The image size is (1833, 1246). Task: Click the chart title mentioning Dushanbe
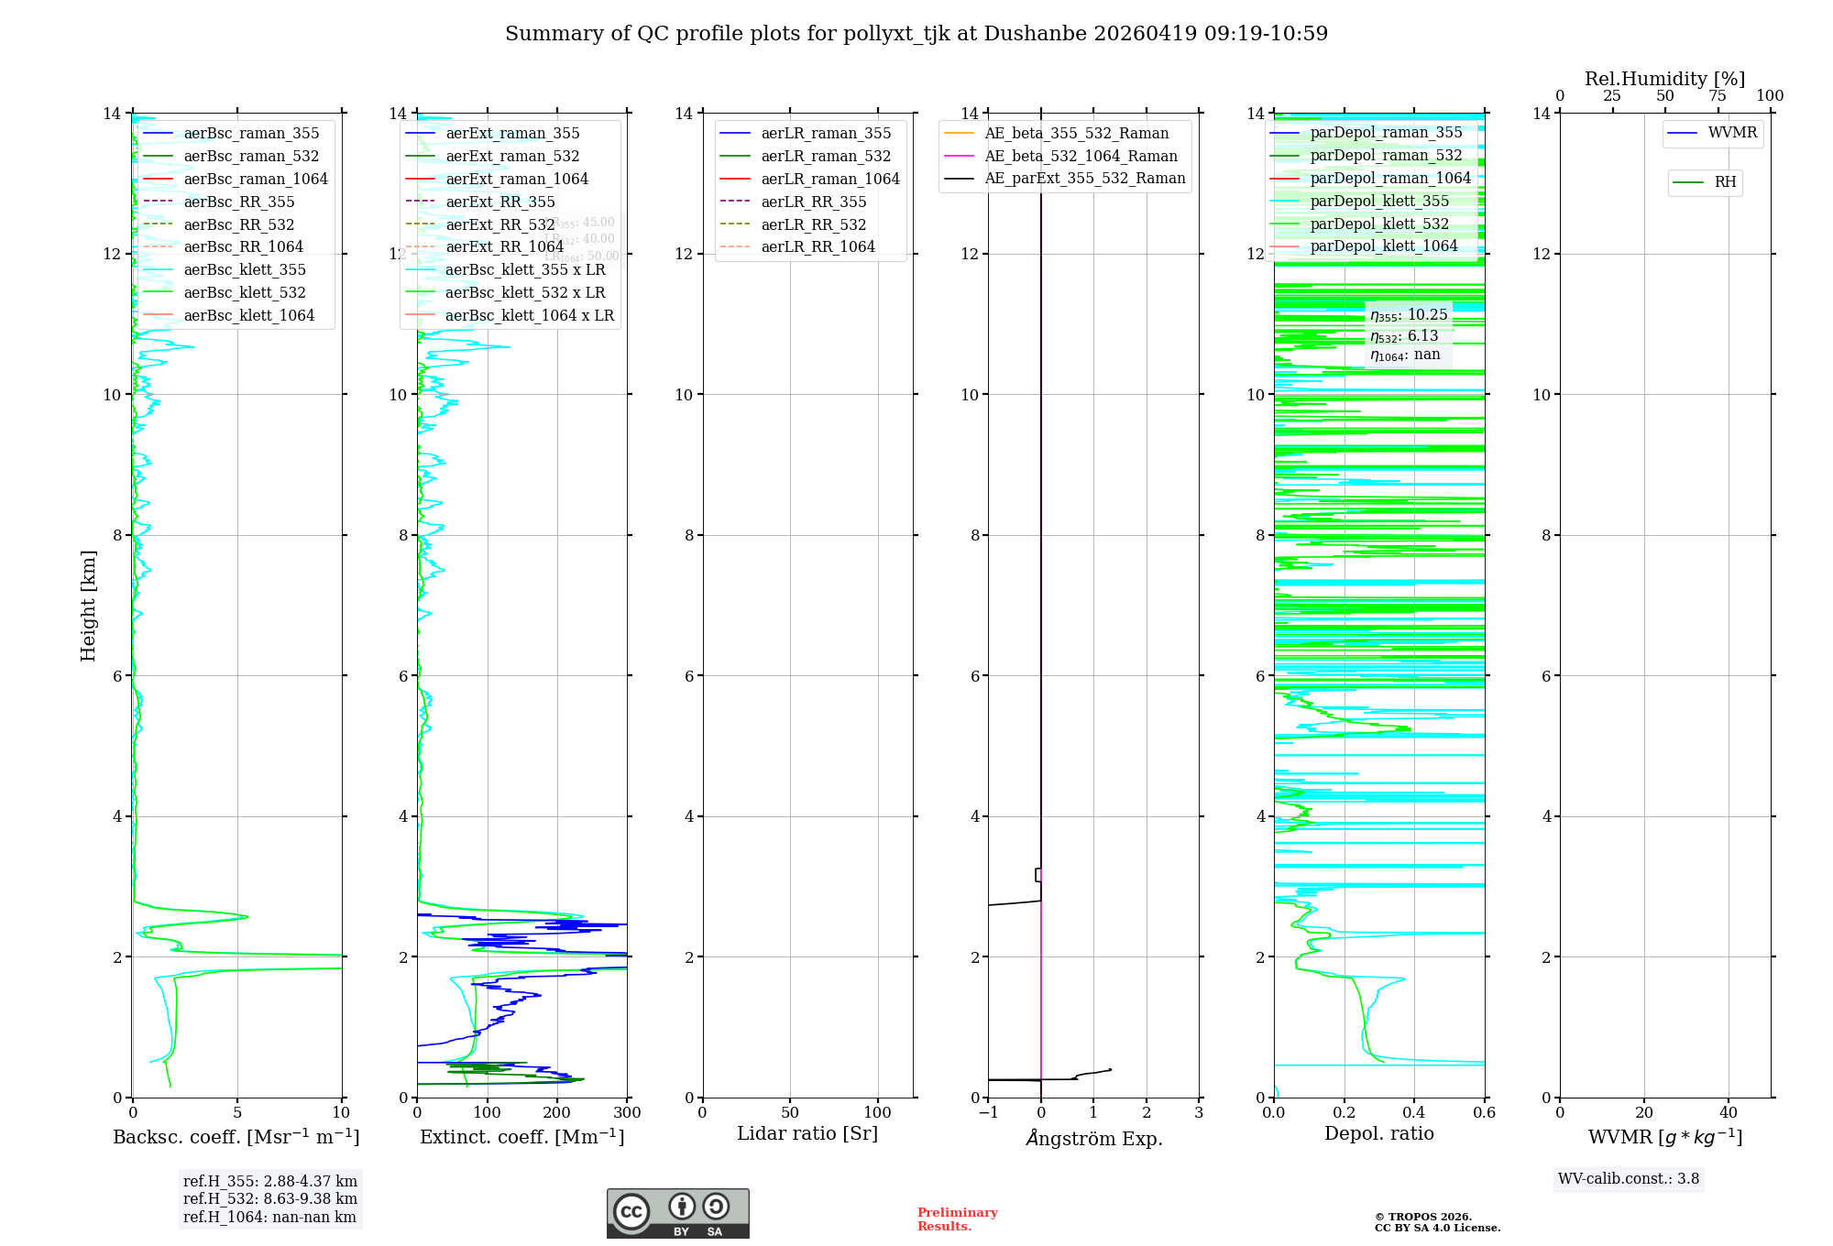click(916, 34)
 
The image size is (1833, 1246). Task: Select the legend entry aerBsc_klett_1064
click(248, 315)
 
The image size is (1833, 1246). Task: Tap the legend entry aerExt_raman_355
click(512, 134)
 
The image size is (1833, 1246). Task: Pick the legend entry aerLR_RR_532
click(813, 224)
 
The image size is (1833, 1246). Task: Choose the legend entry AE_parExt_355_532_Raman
click(1084, 179)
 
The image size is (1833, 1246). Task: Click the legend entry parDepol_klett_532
click(1379, 224)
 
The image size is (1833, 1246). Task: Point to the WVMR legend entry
click(1732, 133)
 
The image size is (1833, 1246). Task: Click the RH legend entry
click(1725, 182)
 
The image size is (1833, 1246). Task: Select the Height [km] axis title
click(88, 605)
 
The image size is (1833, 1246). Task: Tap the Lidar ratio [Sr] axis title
click(807, 1133)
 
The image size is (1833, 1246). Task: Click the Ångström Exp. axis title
click(1093, 1138)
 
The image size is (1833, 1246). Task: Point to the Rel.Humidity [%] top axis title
click(1664, 79)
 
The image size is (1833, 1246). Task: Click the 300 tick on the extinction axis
click(628, 1113)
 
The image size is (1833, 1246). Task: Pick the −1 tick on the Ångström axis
click(988, 1113)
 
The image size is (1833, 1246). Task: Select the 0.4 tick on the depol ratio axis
click(1414, 1113)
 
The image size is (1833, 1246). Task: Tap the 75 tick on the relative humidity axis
click(1718, 96)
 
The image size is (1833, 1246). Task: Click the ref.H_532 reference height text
click(270, 1198)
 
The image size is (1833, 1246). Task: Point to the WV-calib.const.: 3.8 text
click(1629, 1179)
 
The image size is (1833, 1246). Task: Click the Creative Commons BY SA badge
click(678, 1213)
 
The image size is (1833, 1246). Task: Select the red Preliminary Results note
click(957, 1219)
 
